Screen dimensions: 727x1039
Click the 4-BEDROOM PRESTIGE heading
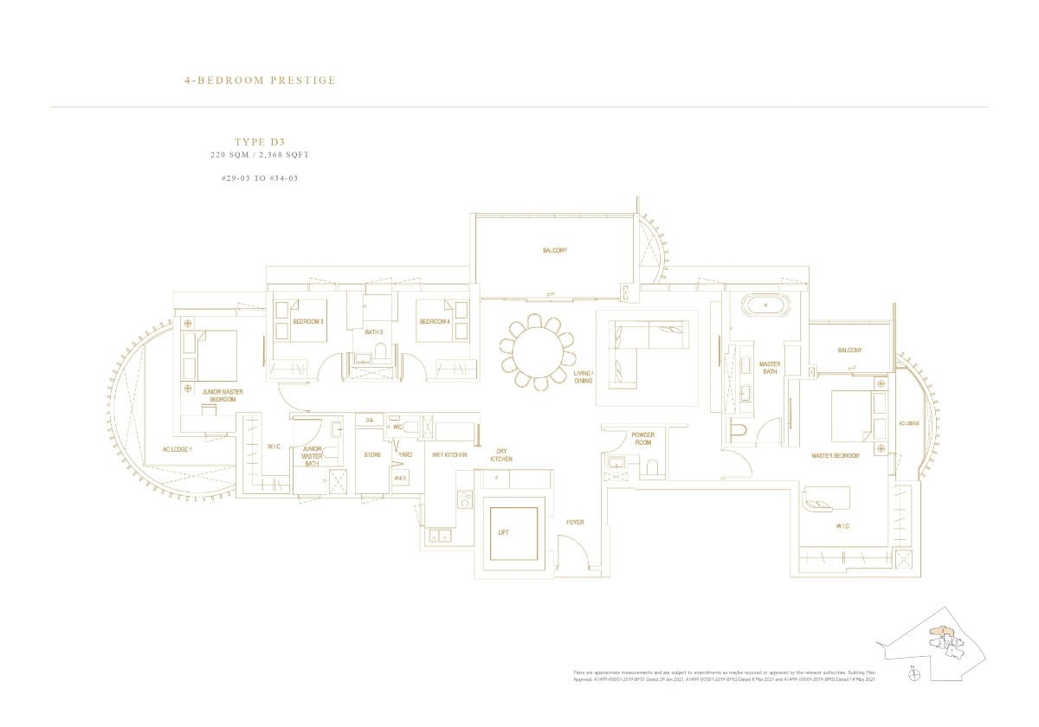260,80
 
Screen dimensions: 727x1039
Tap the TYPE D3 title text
260,141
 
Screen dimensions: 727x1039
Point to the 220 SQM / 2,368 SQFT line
260,155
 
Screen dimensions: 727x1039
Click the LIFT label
503,532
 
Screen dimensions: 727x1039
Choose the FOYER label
575,522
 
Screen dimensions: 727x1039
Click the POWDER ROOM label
642,438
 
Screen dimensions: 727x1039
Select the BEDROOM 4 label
434,322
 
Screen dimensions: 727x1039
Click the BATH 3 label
373,332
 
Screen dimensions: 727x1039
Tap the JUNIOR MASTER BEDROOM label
222,396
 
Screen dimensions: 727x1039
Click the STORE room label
372,454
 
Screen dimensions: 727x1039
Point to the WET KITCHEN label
449,454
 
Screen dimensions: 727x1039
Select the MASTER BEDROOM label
835,455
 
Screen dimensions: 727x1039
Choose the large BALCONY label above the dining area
555,250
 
